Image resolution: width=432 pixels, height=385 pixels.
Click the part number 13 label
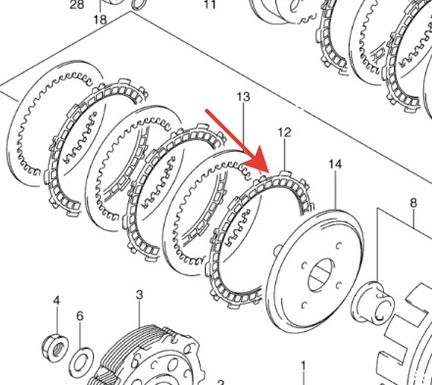[244, 97]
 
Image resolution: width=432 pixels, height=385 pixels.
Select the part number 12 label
[284, 132]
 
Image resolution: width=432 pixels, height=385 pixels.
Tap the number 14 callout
[335, 164]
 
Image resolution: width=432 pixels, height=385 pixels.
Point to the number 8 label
[413, 203]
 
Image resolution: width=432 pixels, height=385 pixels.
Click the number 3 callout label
[139, 295]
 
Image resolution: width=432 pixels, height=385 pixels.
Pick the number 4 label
[57, 301]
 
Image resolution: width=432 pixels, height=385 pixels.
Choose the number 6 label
[80, 315]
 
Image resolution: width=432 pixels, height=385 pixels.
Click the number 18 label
[100, 20]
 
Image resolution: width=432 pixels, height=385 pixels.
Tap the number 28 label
[77, 5]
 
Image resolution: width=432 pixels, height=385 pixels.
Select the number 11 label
[210, 4]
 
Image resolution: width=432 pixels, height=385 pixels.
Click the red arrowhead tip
[268, 172]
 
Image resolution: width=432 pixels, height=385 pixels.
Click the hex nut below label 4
[56, 345]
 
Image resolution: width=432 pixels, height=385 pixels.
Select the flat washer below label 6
[81, 361]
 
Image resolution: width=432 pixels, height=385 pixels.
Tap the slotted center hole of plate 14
[321, 274]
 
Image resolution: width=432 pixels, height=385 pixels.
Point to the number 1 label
[304, 366]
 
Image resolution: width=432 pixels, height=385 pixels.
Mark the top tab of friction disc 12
[285, 173]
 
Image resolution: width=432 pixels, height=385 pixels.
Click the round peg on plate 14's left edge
[277, 251]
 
